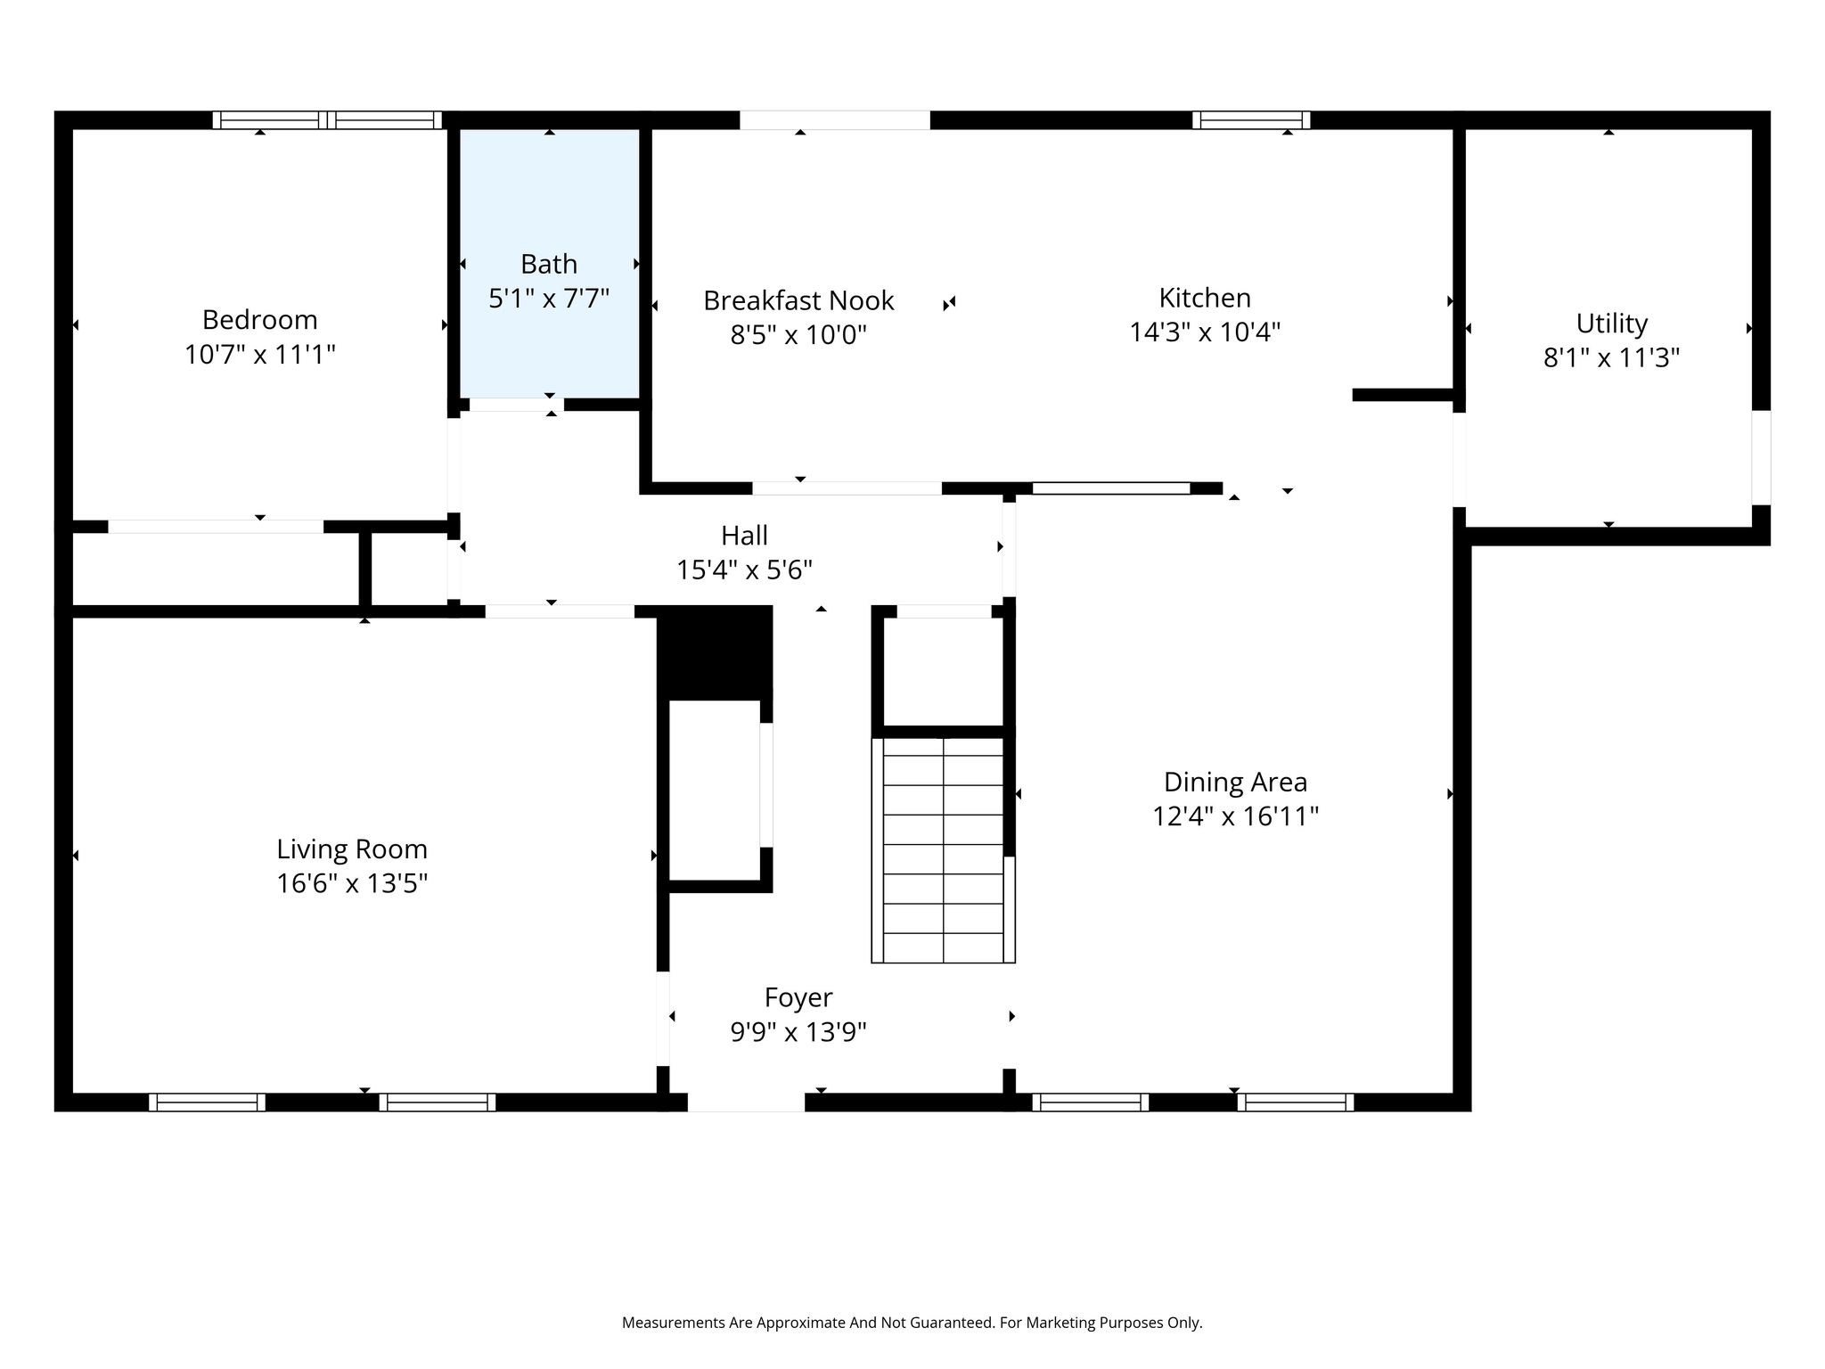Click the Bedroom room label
pyautogui.click(x=259, y=319)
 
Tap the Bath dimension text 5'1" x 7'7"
pyautogui.click(x=549, y=298)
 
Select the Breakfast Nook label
pyautogui.click(x=798, y=300)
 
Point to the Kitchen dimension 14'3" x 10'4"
pyautogui.click(x=1205, y=332)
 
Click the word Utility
pyautogui.click(x=1611, y=323)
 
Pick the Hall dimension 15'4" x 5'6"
pyautogui.click(x=744, y=569)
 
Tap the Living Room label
pyautogui.click(x=352, y=848)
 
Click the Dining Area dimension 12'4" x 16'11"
pyautogui.click(x=1235, y=816)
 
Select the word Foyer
pyautogui.click(x=798, y=997)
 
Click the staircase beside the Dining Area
pyautogui.click(x=943, y=849)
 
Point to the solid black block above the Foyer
pyautogui.click(x=715, y=652)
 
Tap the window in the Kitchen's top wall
pyautogui.click(x=1251, y=120)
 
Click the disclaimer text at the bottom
pyautogui.click(x=912, y=1323)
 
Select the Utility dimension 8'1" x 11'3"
pyautogui.click(x=1611, y=357)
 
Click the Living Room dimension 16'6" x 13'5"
pyautogui.click(x=352, y=883)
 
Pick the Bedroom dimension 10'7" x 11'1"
pyautogui.click(x=259, y=355)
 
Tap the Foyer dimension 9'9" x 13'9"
pyautogui.click(x=798, y=1032)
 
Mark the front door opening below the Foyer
pyautogui.click(x=746, y=1103)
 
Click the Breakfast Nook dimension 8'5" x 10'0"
pyautogui.click(x=798, y=335)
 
